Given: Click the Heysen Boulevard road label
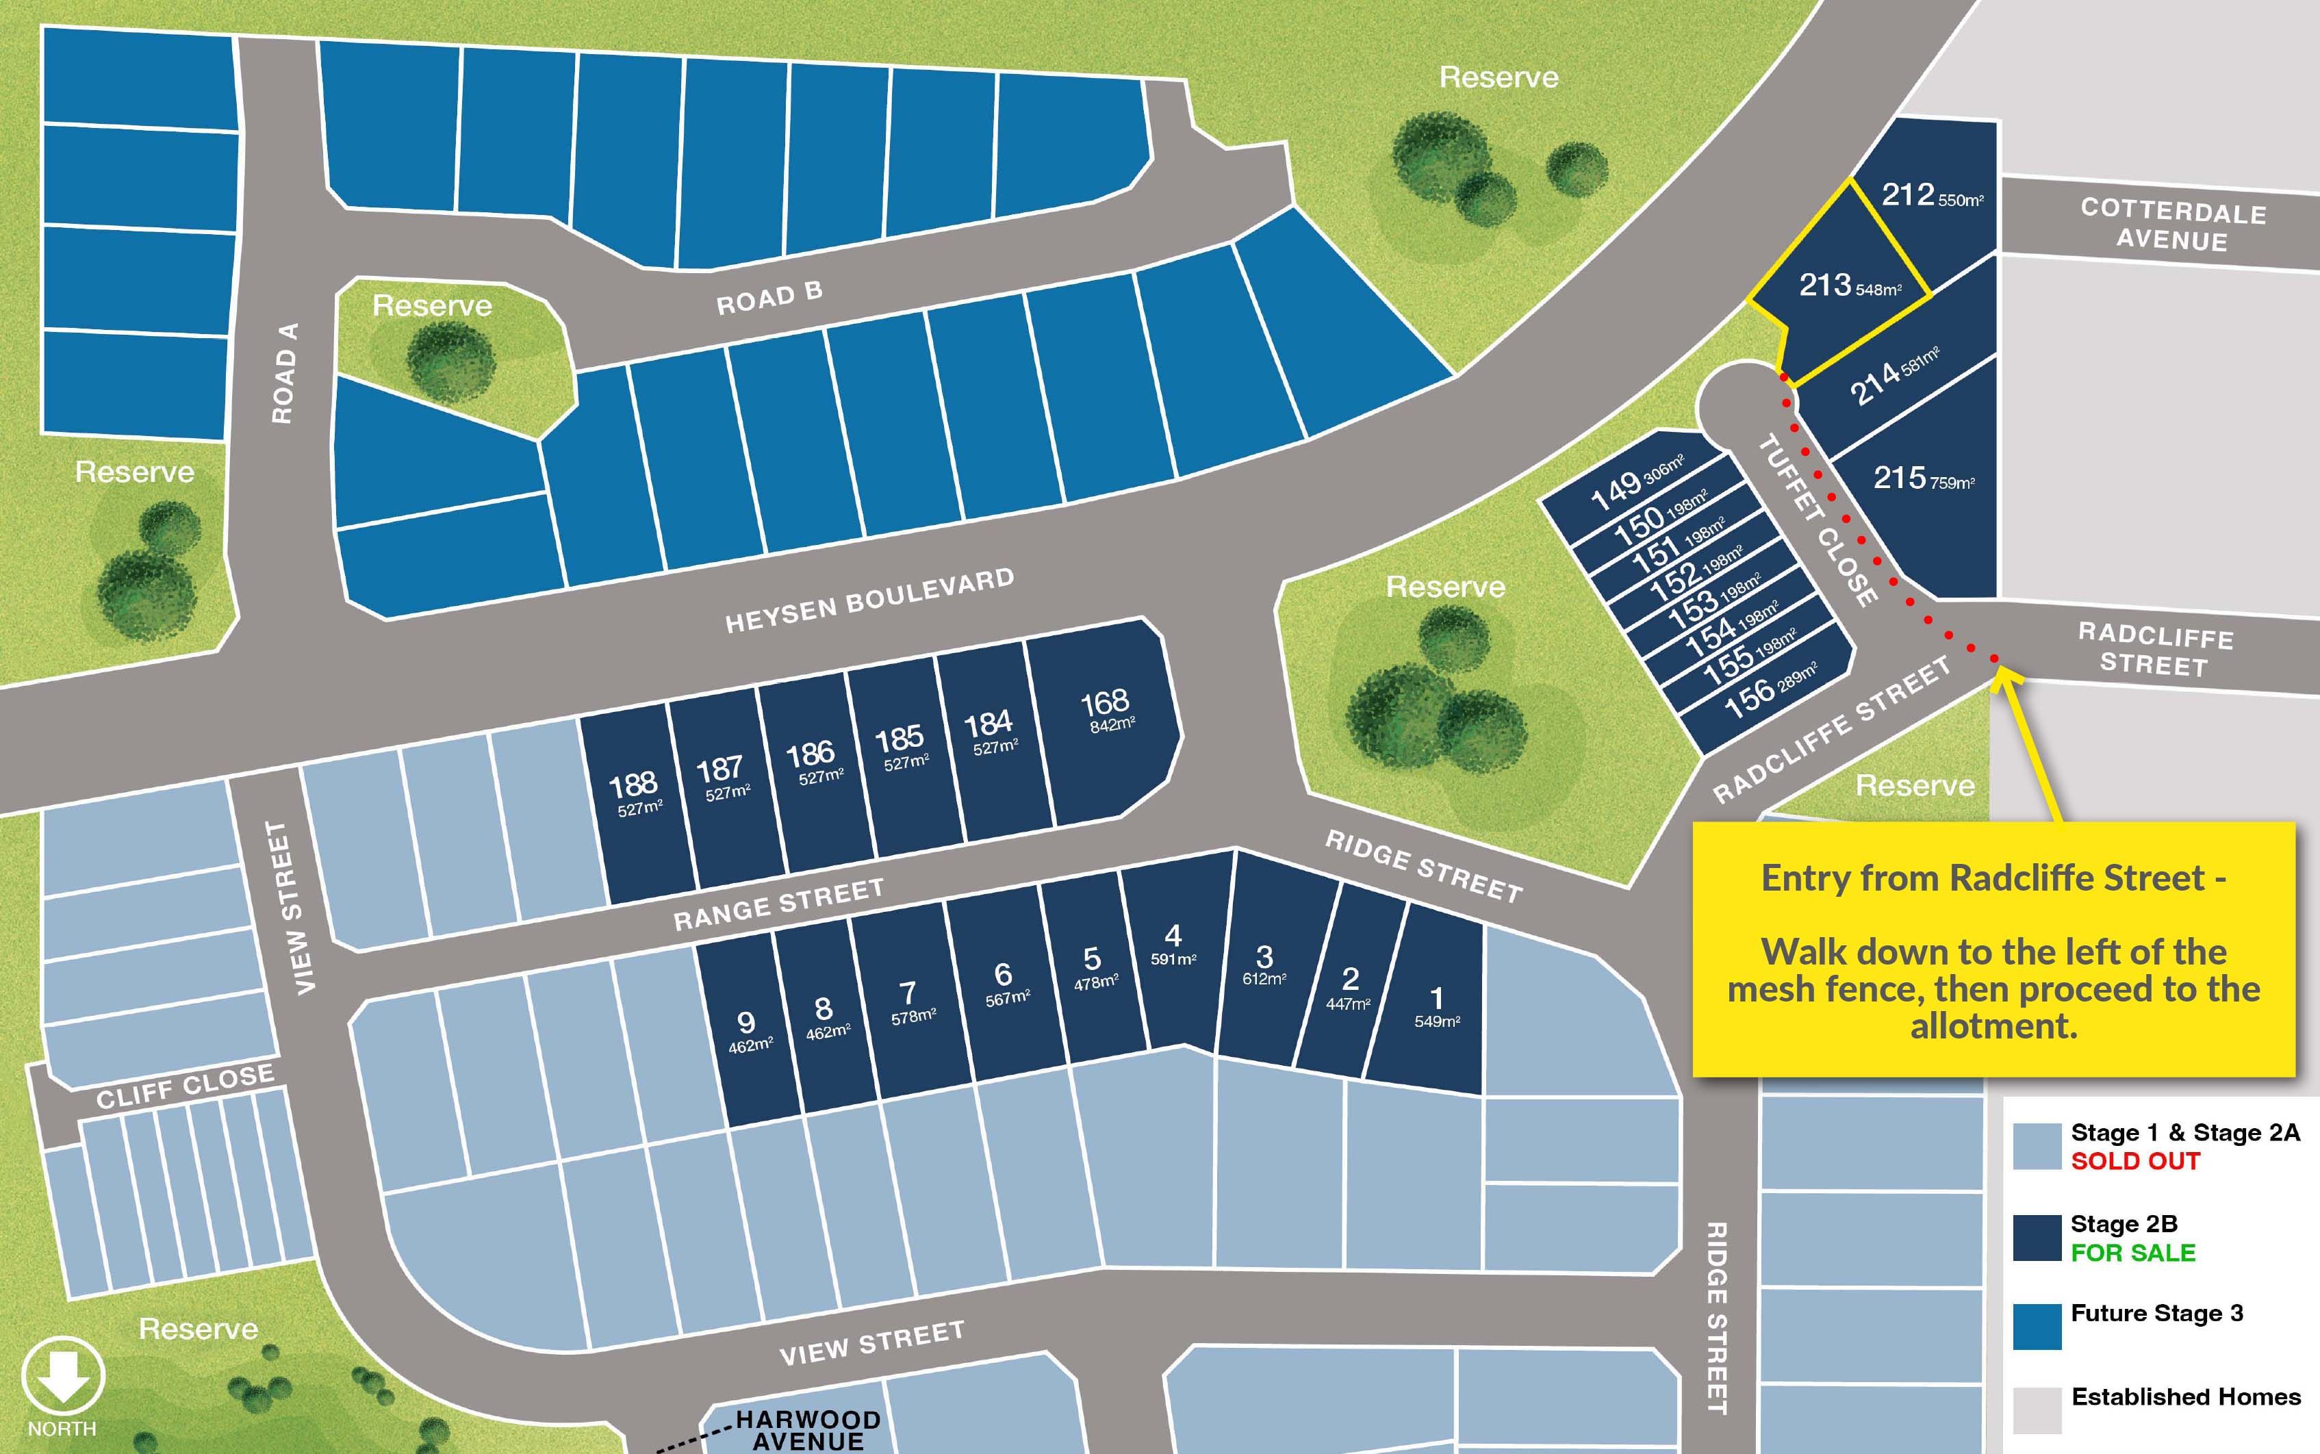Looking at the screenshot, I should [x=869, y=601].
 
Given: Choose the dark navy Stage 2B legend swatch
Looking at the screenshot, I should [x=2037, y=1238].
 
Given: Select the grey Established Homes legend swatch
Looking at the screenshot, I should [x=2037, y=1410].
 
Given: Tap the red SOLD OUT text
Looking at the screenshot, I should [x=2134, y=1162].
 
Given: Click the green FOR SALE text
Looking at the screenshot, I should [x=2132, y=1253].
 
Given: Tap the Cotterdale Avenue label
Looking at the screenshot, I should [x=2173, y=224].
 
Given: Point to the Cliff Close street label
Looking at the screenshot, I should [x=185, y=1086].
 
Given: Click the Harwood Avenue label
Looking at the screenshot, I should [x=808, y=1430].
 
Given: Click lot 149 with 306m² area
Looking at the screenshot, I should [x=1635, y=485].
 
